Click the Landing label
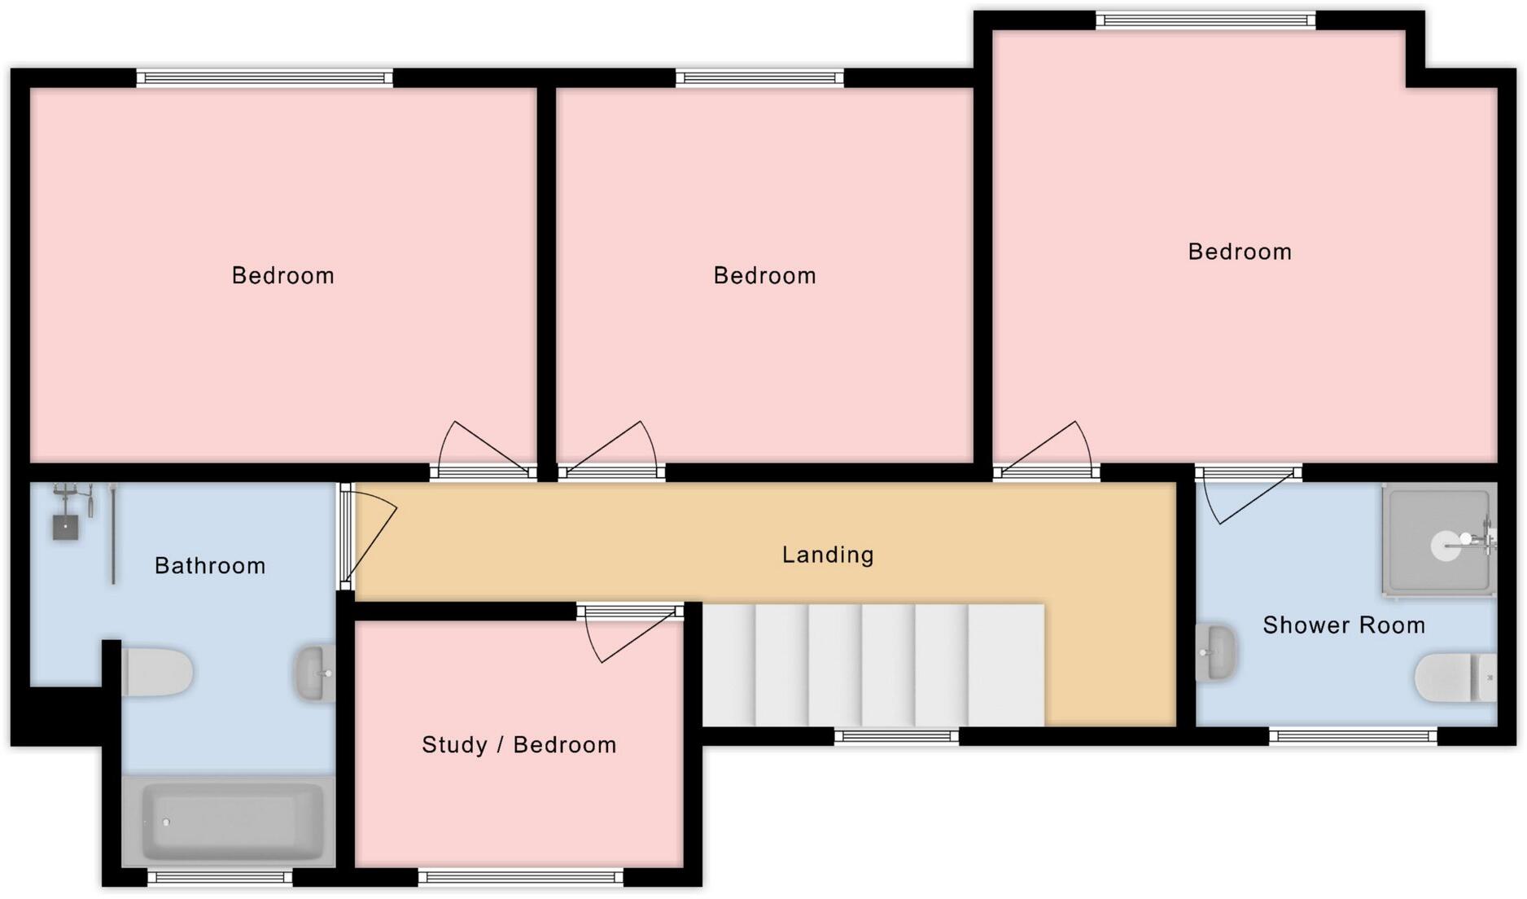[x=828, y=555]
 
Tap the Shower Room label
[x=1343, y=625]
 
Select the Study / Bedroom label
[x=518, y=745]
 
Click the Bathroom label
[x=210, y=566]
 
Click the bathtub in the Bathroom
[x=229, y=821]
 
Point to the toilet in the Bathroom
[x=157, y=673]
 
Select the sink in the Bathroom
[x=315, y=673]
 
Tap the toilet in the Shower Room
[x=1455, y=678]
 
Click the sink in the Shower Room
[x=1215, y=652]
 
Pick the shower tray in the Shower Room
[x=1438, y=538]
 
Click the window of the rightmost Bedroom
[x=1205, y=21]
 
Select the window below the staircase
[x=896, y=737]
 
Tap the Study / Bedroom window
[x=521, y=877]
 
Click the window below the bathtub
[x=220, y=877]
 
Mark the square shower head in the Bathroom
[x=65, y=527]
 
